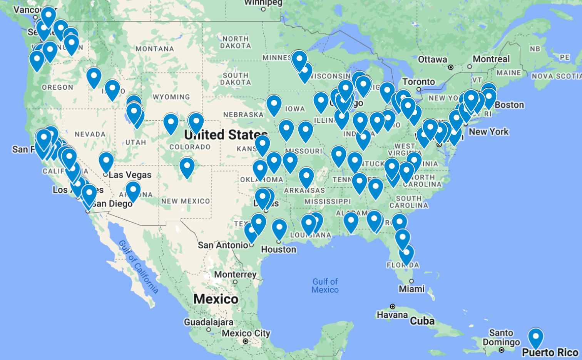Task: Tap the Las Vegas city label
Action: point(130,175)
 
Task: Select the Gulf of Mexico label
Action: point(325,286)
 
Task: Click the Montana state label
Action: point(155,49)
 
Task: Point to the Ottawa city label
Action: point(433,60)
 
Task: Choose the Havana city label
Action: point(392,315)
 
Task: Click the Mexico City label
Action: point(246,333)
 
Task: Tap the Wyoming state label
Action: point(171,97)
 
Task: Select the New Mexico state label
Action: point(186,201)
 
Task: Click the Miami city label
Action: point(411,289)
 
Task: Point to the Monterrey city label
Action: point(235,275)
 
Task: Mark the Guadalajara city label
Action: point(208,322)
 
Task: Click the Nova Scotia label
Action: point(556,76)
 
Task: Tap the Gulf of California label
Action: point(138,267)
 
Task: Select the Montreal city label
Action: point(491,59)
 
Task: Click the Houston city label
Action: point(279,250)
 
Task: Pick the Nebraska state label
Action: point(243,115)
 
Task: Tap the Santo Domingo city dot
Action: point(502,350)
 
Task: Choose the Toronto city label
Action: point(418,82)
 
